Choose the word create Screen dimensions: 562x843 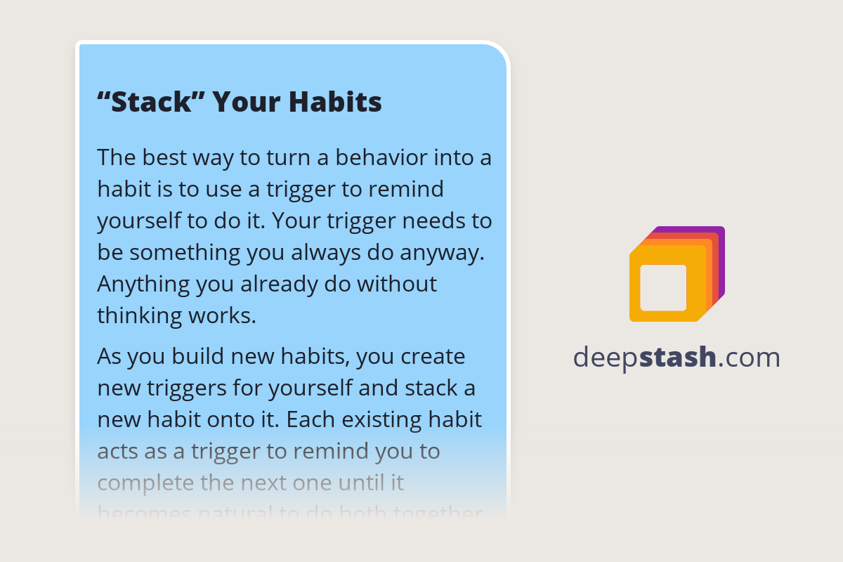(433, 357)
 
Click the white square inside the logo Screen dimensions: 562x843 (663, 287)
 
